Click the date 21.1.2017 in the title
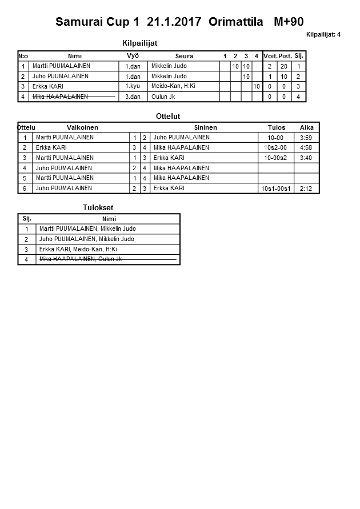coord(174,22)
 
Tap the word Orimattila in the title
coord(236,22)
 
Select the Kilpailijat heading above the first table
coord(140,43)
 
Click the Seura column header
coord(184,56)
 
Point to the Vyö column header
coord(133,55)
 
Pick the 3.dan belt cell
coord(133,97)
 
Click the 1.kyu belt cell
coord(133,87)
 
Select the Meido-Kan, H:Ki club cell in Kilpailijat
coord(174,86)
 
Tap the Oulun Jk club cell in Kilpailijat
coord(163,97)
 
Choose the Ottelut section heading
coord(168,117)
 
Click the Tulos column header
coord(277,127)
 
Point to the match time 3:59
coord(306,138)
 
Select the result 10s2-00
coord(275,148)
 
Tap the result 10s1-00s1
coord(276,189)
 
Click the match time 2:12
coord(306,189)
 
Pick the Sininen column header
coord(205,127)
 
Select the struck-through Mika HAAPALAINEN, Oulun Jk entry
coord(81,259)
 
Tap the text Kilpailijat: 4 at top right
coord(323,35)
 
